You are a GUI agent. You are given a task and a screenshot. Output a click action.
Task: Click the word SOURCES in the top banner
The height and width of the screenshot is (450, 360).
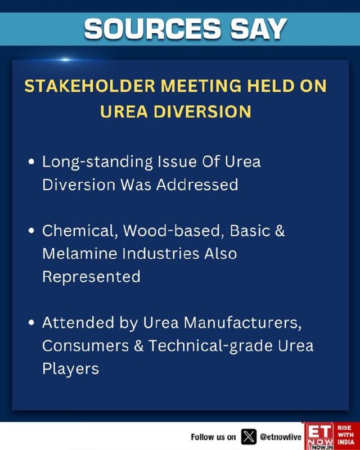pyautogui.click(x=152, y=29)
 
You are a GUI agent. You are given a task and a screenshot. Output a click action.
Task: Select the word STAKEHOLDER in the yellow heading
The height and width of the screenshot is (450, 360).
pyautogui.click(x=90, y=86)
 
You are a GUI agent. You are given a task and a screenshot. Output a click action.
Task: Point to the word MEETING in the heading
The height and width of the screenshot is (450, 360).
pyautogui.click(x=201, y=86)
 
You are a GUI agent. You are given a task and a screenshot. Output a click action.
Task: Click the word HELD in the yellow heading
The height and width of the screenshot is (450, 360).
pyautogui.click(x=271, y=86)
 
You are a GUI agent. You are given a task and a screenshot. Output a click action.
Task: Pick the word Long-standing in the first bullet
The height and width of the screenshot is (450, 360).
pyautogui.click(x=98, y=163)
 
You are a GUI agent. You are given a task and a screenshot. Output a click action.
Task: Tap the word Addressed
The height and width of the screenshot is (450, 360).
pyautogui.click(x=197, y=184)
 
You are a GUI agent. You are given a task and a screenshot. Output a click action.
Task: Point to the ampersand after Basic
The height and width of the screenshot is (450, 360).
pyautogui.click(x=280, y=231)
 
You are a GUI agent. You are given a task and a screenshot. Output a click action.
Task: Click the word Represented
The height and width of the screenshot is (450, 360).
pyautogui.click(x=91, y=277)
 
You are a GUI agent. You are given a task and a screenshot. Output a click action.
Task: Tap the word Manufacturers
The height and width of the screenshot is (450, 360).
pyautogui.click(x=242, y=323)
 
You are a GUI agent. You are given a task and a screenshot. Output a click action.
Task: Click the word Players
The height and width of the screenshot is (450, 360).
pyautogui.click(x=71, y=369)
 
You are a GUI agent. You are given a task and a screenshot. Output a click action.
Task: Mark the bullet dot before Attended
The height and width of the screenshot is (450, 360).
pyautogui.click(x=31, y=322)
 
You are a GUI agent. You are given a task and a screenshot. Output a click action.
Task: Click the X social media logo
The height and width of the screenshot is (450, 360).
pyautogui.click(x=249, y=436)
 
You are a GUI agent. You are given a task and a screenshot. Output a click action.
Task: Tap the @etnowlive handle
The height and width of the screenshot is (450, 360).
pyautogui.click(x=281, y=437)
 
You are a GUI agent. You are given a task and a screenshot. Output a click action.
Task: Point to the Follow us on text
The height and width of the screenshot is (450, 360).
pyautogui.click(x=213, y=437)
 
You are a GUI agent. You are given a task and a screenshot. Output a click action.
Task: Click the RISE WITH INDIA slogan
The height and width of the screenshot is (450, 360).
pyautogui.click(x=345, y=435)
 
